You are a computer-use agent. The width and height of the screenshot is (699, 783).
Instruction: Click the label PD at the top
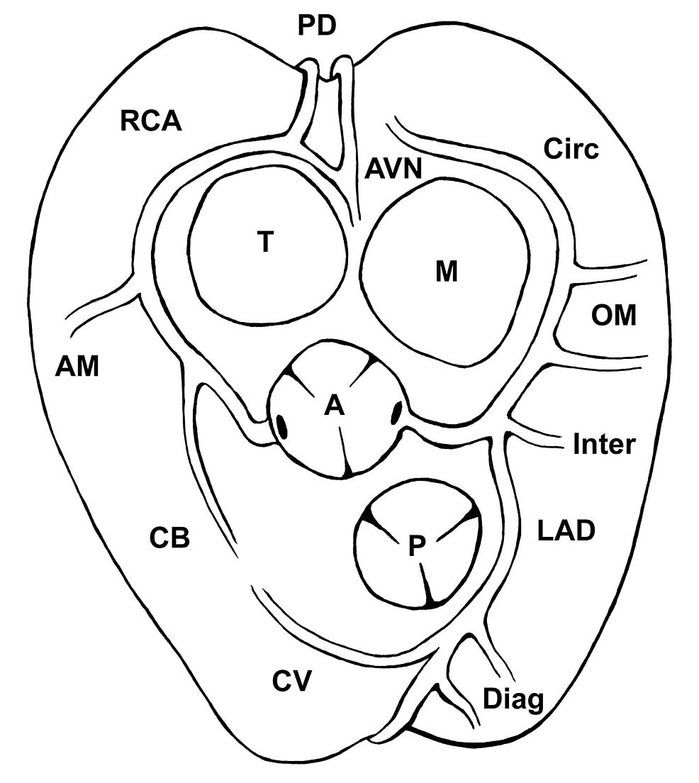click(x=316, y=26)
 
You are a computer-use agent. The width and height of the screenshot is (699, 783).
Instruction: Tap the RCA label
click(x=151, y=121)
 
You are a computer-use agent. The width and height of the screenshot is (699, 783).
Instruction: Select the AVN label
click(x=393, y=170)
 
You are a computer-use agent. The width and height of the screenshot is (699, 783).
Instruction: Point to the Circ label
click(x=571, y=149)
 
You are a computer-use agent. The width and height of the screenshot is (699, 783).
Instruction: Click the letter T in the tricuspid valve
click(x=264, y=243)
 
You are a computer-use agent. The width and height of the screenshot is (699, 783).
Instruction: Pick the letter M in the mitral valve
click(x=447, y=271)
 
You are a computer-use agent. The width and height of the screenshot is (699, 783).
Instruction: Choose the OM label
click(x=614, y=315)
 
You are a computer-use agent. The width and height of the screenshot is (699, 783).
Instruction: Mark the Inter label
click(x=603, y=445)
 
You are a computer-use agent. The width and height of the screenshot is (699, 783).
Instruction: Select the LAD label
click(x=564, y=530)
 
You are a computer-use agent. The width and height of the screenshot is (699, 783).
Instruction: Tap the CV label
click(x=291, y=682)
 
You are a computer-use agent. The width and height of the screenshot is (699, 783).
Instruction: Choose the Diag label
click(x=513, y=699)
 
